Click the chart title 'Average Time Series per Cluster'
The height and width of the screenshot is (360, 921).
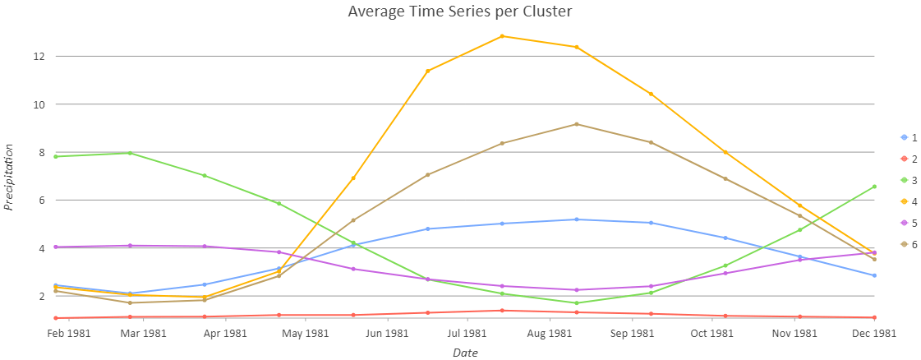459,12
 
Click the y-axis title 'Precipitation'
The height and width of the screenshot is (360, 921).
9,177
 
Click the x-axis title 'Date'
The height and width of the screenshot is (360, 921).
464,353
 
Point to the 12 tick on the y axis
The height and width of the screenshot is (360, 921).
38,57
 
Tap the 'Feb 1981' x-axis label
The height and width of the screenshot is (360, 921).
68,333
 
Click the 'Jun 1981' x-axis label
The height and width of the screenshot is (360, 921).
387,333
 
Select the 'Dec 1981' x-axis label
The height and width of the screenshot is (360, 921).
873,333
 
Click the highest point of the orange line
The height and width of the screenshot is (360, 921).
502,36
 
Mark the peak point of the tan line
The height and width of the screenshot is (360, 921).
577,124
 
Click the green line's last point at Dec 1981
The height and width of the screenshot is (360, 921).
874,187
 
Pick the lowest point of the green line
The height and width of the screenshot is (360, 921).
577,303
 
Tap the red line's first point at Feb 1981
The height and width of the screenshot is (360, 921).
55,318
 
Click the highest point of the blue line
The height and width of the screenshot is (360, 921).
577,219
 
